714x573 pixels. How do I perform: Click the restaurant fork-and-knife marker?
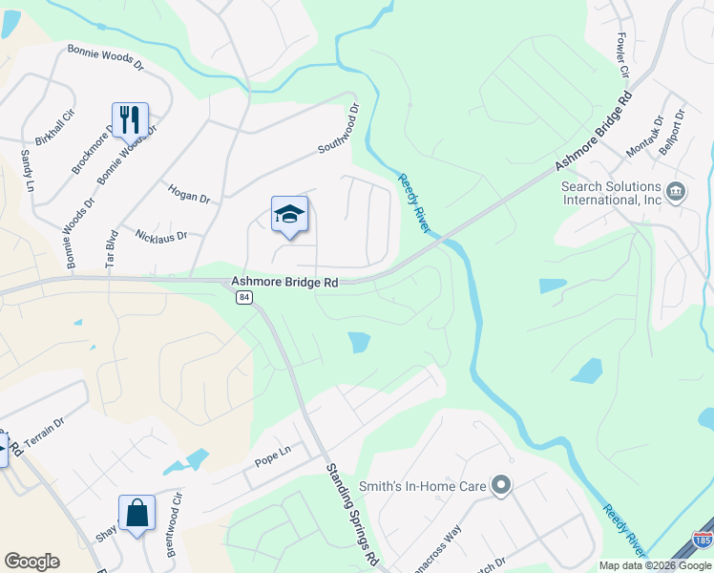coord(131,120)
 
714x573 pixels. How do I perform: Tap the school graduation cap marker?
coord(289,215)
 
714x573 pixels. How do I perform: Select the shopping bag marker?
coord(136,513)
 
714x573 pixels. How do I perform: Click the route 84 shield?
coord(244,298)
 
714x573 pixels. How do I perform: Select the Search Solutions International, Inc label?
coord(611,193)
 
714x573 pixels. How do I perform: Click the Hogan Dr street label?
coord(188,195)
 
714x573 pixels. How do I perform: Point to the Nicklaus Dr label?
coord(161,235)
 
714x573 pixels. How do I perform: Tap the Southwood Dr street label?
coord(340,130)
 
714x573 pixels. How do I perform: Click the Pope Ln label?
coord(271,460)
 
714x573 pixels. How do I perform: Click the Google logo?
coord(31,562)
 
